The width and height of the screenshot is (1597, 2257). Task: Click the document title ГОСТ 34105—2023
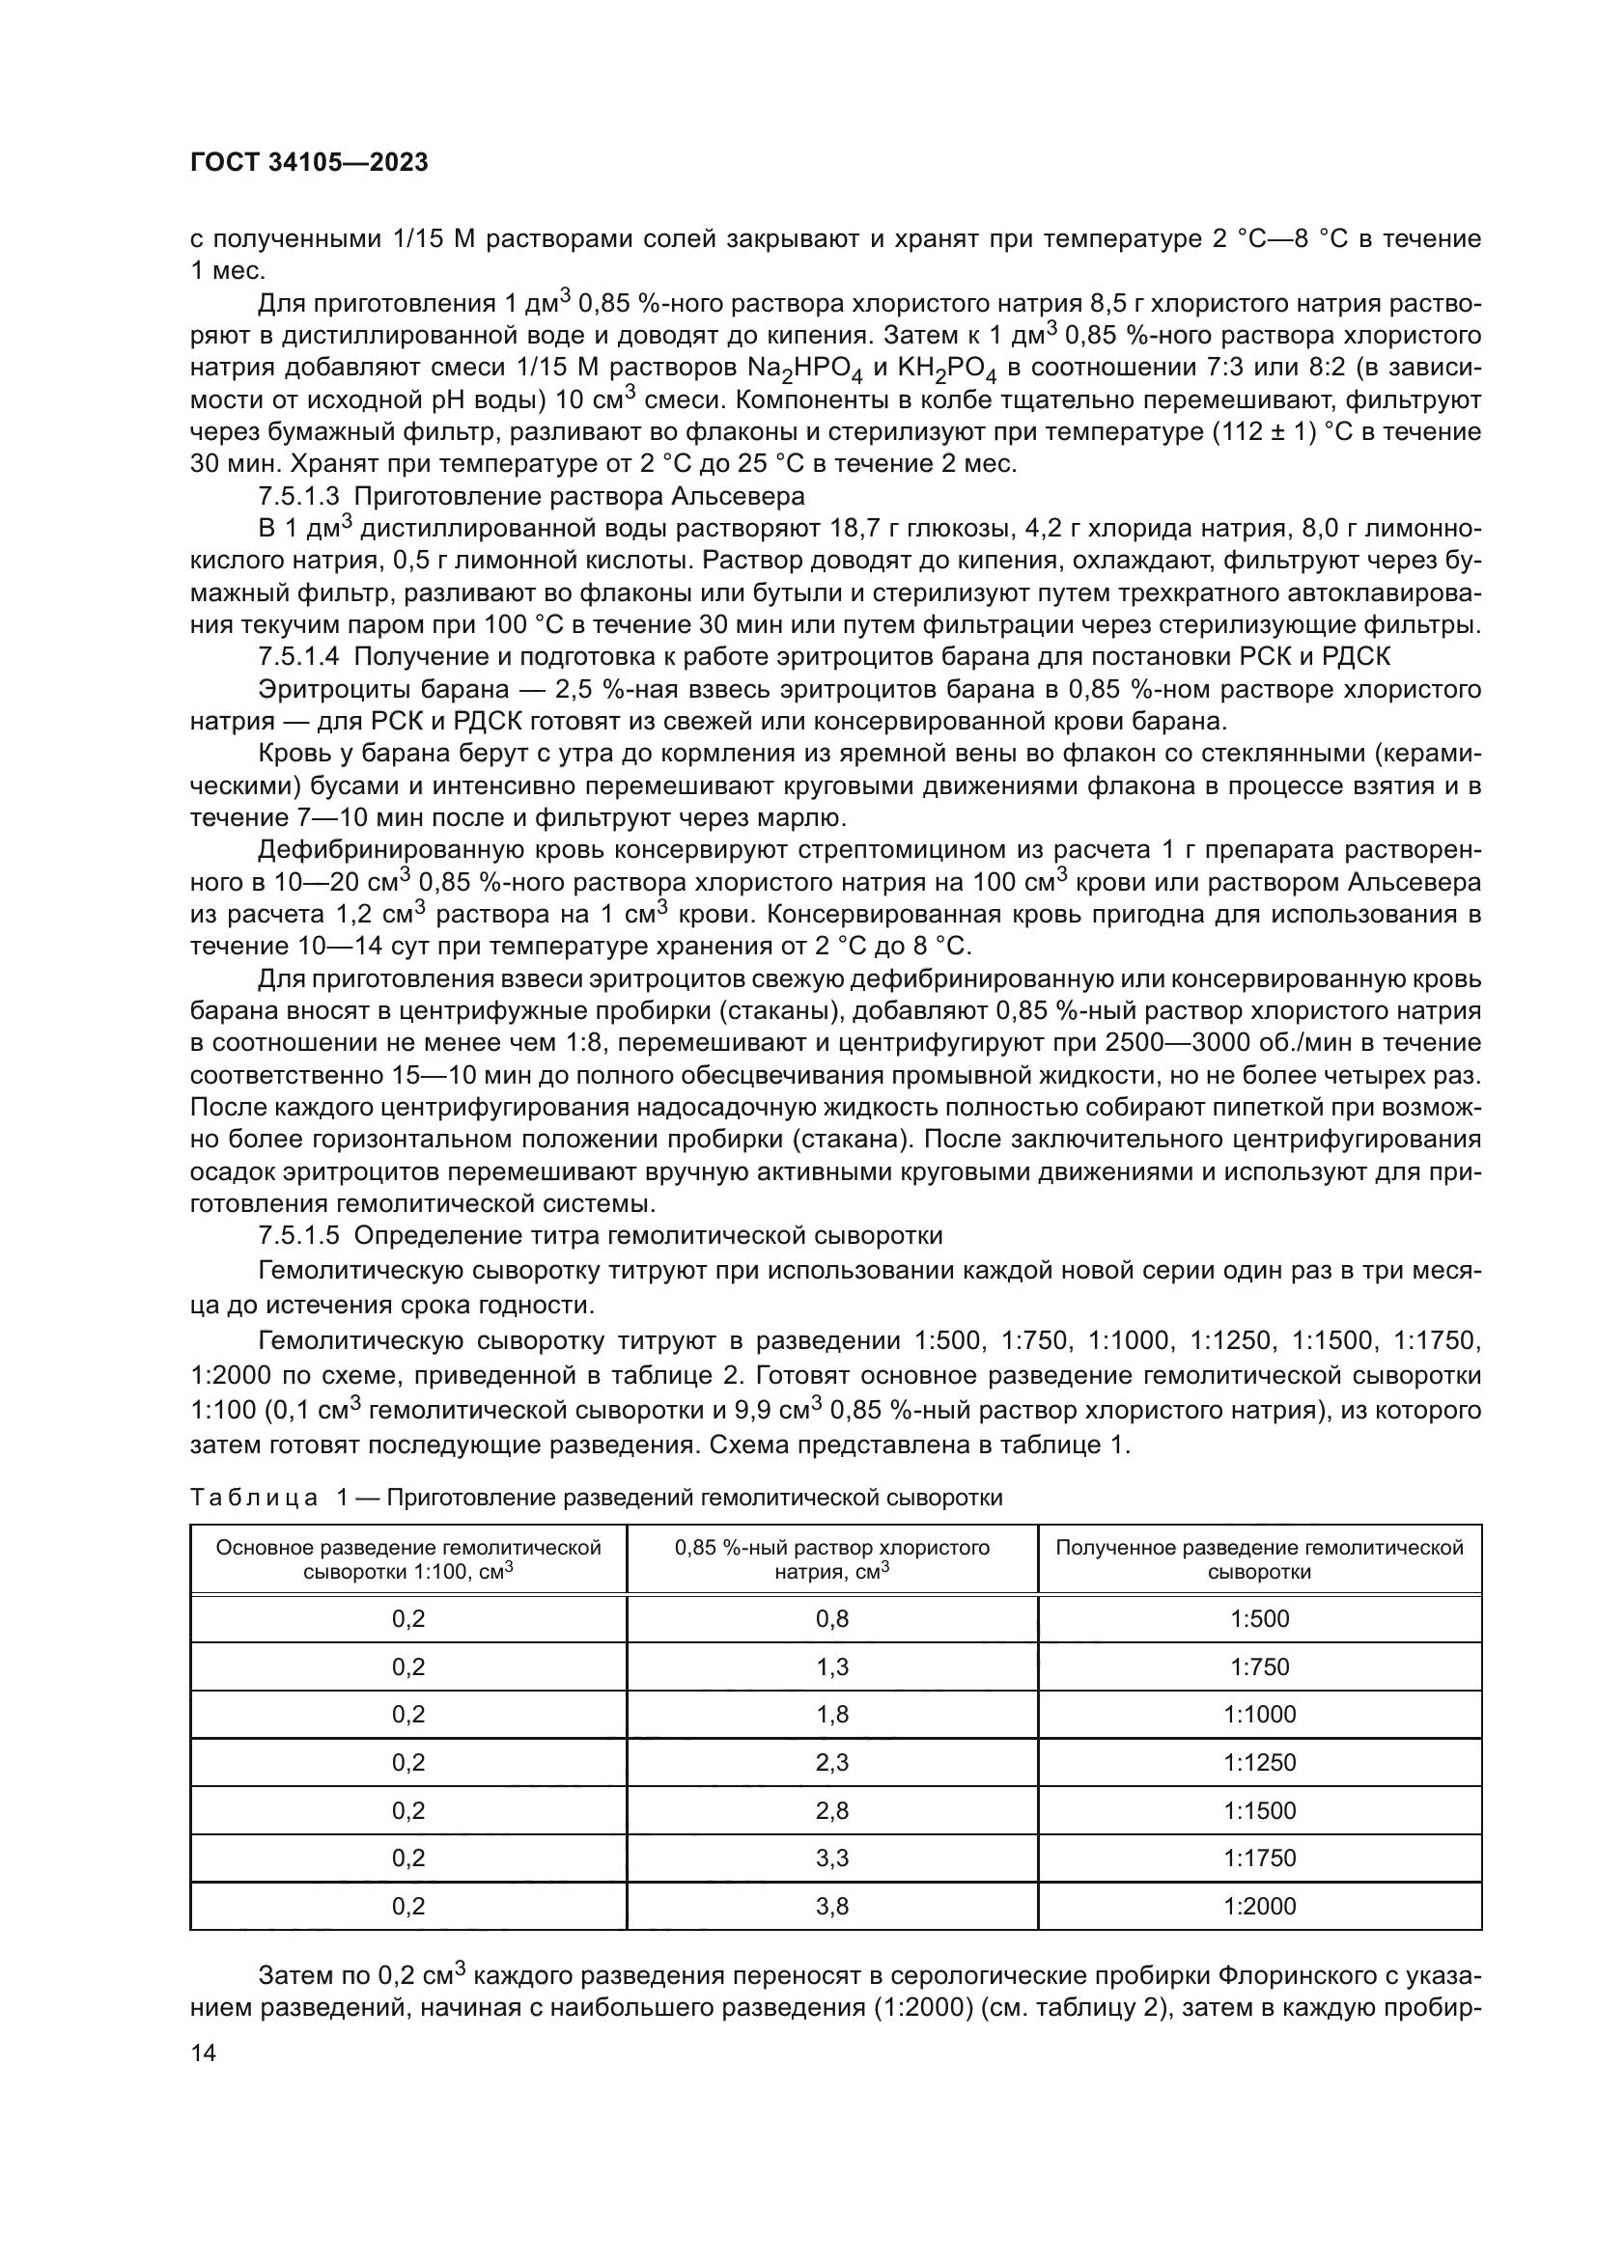[309, 163]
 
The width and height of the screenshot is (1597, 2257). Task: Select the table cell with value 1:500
[1259, 1619]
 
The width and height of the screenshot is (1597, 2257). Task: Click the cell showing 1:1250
[1259, 1763]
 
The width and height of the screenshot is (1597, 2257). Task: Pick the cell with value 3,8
[832, 1906]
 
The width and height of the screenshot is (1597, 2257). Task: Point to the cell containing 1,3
[832, 1667]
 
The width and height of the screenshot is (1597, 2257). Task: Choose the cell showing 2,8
[832, 1810]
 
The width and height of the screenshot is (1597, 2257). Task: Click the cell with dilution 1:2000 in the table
[1259, 1906]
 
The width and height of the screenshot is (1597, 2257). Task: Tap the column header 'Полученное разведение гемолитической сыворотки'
[1259, 1559]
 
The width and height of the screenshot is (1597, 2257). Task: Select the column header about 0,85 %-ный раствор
[832, 1559]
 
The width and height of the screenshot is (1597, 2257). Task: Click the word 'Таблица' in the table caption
[253, 1498]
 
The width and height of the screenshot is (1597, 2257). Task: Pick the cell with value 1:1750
[1259, 1858]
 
